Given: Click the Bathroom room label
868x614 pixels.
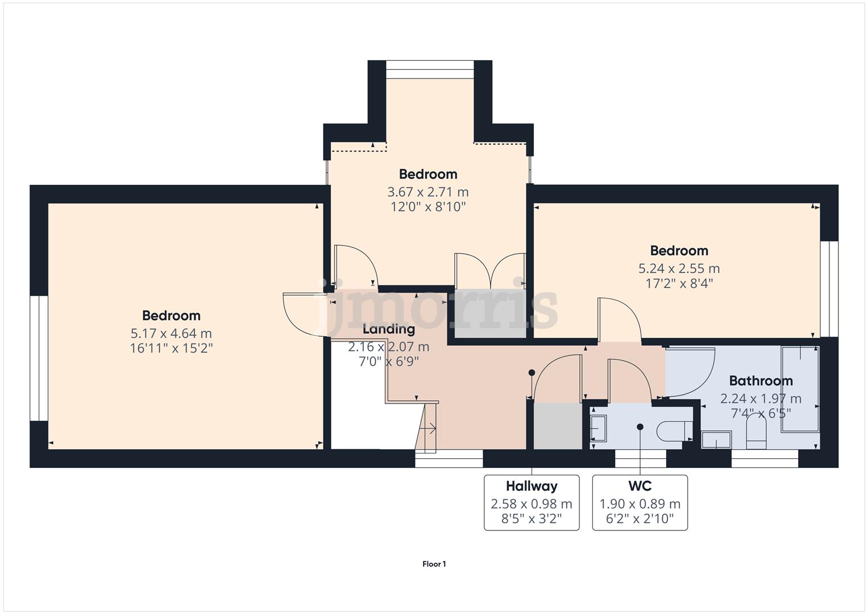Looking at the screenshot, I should [x=761, y=381].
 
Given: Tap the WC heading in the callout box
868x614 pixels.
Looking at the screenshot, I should [x=639, y=486].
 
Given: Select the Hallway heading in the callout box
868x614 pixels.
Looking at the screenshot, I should [x=531, y=486].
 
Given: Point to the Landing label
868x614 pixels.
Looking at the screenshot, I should [x=389, y=329].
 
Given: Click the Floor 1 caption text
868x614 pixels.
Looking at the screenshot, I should [x=434, y=564].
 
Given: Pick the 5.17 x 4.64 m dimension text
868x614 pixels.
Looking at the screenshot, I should [x=171, y=333].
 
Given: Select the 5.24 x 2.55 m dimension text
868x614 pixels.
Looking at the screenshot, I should [x=679, y=268].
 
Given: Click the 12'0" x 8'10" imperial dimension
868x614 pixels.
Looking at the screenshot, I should [x=427, y=206].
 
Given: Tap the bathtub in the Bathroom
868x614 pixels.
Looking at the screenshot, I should [x=800, y=389].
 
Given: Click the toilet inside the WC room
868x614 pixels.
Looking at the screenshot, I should [x=674, y=431].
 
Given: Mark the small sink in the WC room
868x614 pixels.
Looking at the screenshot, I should [x=598, y=428].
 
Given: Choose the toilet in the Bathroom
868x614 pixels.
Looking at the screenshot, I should [x=756, y=433].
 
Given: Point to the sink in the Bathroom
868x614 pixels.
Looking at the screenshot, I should [x=716, y=439].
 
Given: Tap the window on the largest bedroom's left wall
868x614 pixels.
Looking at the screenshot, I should [x=39, y=358].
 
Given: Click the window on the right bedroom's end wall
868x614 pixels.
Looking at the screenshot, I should [x=829, y=288].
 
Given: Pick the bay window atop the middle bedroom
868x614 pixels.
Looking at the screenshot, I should [x=430, y=73].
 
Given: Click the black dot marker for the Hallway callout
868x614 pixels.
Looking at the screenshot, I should [x=531, y=373].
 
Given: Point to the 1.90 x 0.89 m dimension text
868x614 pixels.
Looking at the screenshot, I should [x=639, y=504].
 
